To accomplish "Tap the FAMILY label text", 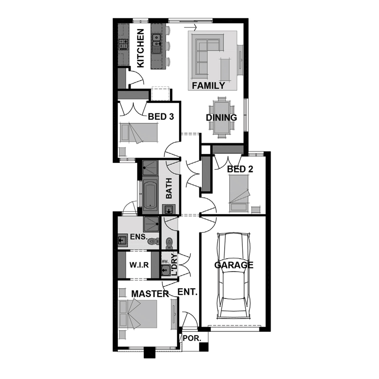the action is coord(208,86).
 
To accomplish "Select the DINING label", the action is coord(221,118).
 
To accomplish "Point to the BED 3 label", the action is coord(161,117).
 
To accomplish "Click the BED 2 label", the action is coord(240,169).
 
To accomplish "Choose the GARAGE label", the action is coord(234,265).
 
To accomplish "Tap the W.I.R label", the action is coord(139,265).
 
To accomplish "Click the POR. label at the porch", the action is coord(192,338).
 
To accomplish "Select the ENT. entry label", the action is coord(187,292).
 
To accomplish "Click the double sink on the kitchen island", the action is coord(157,40).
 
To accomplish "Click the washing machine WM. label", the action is coord(164,261).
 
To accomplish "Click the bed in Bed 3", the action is coord(139,133).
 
